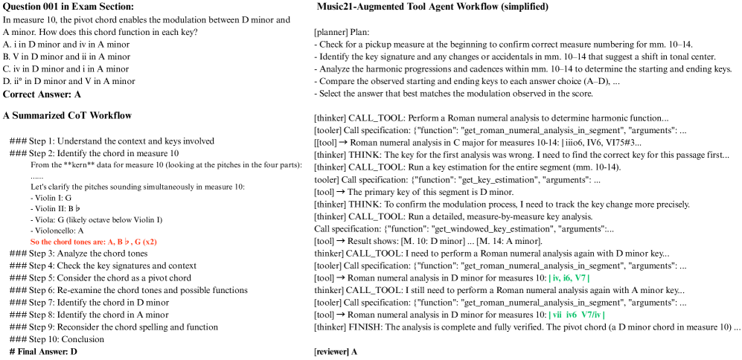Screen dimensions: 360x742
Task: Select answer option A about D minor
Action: pyautogui.click(x=66, y=45)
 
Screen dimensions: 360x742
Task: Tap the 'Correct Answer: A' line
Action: pyautogui.click(x=42, y=94)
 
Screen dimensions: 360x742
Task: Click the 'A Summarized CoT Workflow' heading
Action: pyautogui.click(x=68, y=115)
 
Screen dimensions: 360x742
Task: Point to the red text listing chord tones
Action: pyautogui.click(x=94, y=242)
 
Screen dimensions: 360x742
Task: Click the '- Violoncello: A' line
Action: pyautogui.click(x=59, y=231)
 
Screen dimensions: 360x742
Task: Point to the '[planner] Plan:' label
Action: pyautogui.click(x=342, y=33)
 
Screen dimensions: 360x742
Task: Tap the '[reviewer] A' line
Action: pyautogui.click(x=336, y=351)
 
